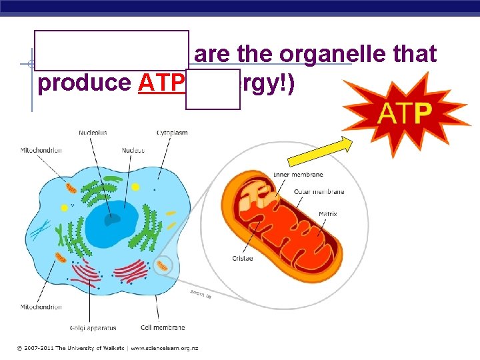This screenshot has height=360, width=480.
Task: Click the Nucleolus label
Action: [x=93, y=133]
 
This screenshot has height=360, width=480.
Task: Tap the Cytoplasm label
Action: [x=172, y=133]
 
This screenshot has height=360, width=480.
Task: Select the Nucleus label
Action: [x=133, y=151]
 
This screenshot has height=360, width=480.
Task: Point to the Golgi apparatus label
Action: [x=93, y=328]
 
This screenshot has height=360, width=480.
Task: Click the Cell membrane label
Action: [x=163, y=327]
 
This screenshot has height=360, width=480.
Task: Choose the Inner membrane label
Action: [x=298, y=175]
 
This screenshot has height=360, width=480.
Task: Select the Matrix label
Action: [x=327, y=214]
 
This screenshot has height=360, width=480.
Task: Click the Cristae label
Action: [x=242, y=259]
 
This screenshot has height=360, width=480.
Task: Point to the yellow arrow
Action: [x=320, y=151]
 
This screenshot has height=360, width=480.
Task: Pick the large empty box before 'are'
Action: [x=111, y=51]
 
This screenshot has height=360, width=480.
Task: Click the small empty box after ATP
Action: [x=213, y=89]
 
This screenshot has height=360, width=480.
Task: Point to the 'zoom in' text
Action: [x=200, y=293]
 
